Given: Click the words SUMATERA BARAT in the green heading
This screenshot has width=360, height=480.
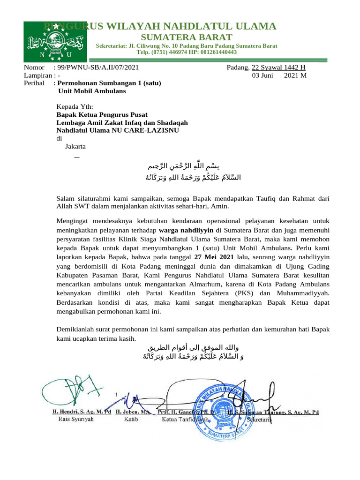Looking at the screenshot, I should pyautogui.click(x=187, y=37).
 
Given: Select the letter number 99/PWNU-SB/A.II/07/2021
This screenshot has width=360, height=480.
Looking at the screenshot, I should pyautogui.click(x=98, y=67).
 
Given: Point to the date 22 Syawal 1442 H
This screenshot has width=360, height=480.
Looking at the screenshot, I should pyautogui.click(x=279, y=67).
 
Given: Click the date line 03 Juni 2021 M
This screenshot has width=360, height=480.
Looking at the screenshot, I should pyautogui.click(x=279, y=75).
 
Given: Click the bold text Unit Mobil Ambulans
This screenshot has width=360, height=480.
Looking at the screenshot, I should pyautogui.click(x=91, y=91).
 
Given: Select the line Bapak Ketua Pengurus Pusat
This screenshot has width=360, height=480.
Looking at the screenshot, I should pyautogui.click(x=102, y=114).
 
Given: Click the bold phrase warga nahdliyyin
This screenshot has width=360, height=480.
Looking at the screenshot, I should pyautogui.click(x=186, y=230).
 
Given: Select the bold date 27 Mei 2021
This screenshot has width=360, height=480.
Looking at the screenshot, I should pyautogui.click(x=214, y=257).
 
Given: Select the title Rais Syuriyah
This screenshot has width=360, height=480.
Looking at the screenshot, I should pyautogui.click(x=75, y=420).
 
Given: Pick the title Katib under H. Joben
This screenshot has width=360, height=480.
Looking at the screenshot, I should pyautogui.click(x=131, y=420).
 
